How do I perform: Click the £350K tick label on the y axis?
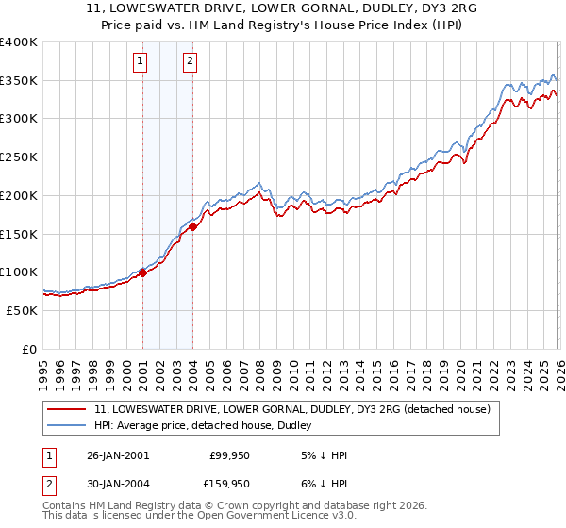click(19, 81)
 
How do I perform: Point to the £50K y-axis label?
click(22, 310)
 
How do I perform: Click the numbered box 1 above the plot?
click(140, 61)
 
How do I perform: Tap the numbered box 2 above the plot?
click(190, 61)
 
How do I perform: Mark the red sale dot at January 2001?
click(142, 272)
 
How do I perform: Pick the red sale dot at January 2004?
click(192, 226)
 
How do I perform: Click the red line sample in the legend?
click(67, 410)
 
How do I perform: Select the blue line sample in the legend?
click(67, 426)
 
